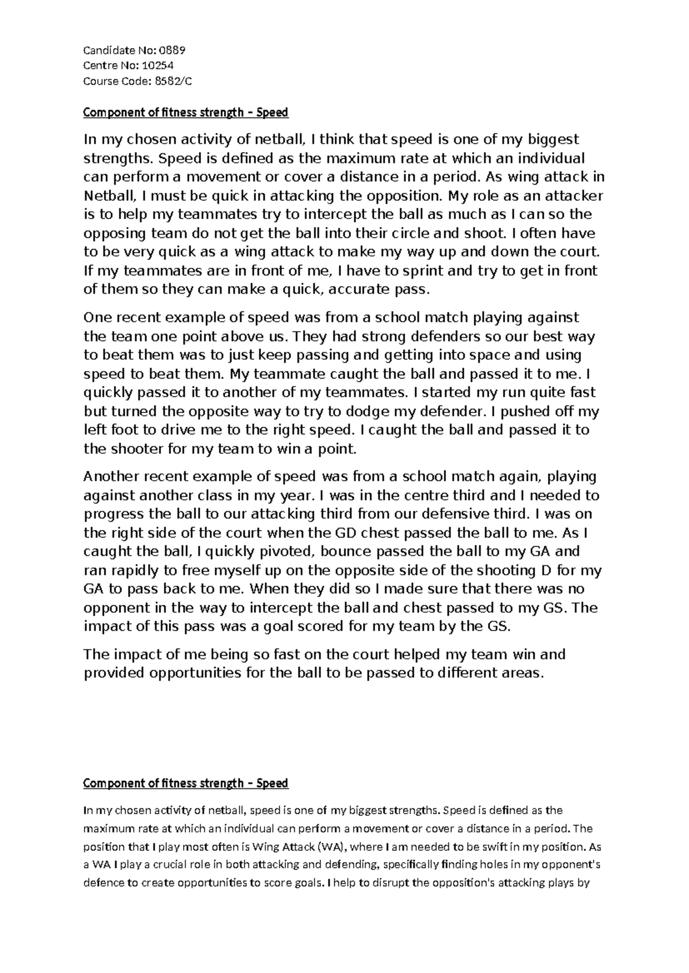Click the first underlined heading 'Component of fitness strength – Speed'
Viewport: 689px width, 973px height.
tap(185, 112)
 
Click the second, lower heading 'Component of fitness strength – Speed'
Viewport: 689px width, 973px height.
tap(185, 783)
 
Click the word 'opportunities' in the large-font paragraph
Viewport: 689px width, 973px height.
tap(195, 673)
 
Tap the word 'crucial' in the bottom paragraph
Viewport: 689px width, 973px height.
tap(162, 865)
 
